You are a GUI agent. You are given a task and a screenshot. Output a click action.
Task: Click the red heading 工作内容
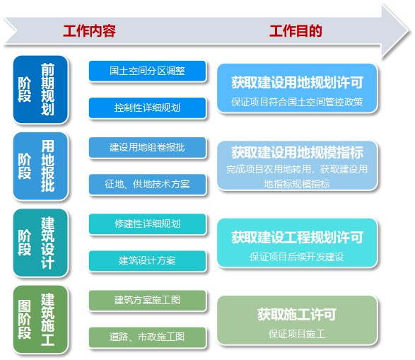89,30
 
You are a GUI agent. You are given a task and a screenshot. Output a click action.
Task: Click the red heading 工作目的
296,30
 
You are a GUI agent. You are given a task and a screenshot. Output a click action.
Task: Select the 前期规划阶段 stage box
40,90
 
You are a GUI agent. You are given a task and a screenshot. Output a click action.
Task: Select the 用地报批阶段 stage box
40,166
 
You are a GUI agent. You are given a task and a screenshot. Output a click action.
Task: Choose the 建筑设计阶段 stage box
40,243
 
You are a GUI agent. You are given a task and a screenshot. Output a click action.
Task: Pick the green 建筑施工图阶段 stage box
40,319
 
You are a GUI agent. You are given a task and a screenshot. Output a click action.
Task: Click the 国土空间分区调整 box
148,71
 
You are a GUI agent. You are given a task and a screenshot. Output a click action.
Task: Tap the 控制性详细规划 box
148,108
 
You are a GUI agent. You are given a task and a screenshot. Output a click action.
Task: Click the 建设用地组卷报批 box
148,147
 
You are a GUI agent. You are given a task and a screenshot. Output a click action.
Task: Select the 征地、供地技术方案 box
148,184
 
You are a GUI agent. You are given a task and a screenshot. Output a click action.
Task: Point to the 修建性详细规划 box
148,224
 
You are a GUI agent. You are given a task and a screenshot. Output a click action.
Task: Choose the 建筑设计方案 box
148,261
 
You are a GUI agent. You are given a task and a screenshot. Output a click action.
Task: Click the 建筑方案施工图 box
148,301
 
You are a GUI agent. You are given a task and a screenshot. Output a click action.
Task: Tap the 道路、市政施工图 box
148,337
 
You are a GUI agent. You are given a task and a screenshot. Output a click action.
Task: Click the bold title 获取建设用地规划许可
297,82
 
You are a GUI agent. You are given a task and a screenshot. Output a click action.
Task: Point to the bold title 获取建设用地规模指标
297,153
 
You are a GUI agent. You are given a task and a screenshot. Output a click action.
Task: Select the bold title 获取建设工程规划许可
297,237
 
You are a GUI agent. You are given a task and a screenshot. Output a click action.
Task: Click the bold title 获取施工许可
297,315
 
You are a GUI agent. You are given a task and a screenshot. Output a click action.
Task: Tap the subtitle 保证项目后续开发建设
297,257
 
